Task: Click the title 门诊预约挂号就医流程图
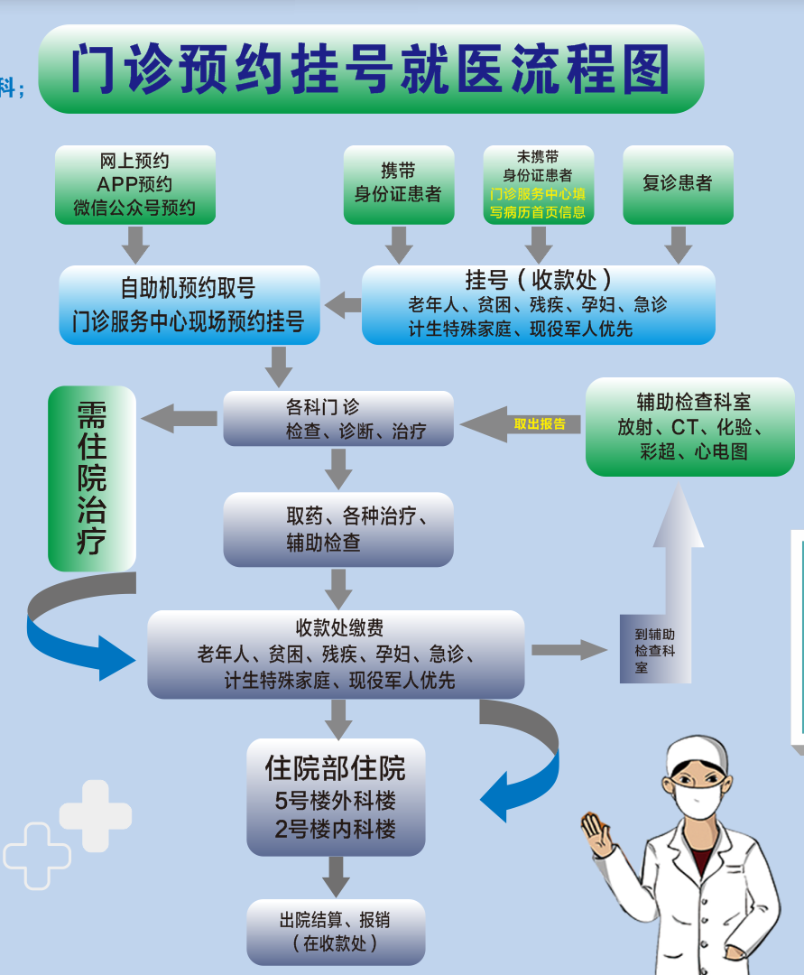point(370,69)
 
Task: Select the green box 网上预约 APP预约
point(134,185)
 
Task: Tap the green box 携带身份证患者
point(398,184)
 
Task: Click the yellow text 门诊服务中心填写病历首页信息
point(538,203)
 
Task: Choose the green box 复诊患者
point(677,184)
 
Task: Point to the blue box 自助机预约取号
point(189,304)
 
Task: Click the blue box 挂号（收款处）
point(538,304)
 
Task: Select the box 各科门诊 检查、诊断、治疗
point(338,419)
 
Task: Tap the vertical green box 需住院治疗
point(92,478)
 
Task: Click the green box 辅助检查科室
point(690,426)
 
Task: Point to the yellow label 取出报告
point(540,423)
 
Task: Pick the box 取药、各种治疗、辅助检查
point(338,529)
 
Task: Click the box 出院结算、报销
point(336,931)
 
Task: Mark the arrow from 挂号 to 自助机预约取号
point(343,305)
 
